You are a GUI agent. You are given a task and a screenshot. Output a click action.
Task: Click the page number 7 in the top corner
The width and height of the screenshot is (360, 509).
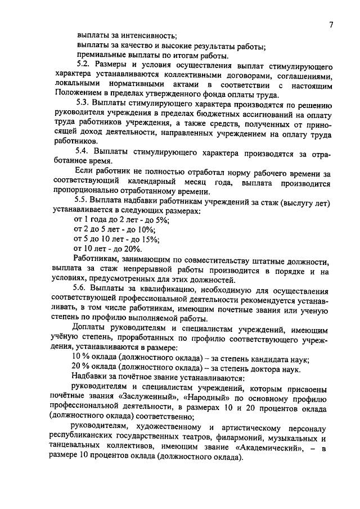click(332, 24)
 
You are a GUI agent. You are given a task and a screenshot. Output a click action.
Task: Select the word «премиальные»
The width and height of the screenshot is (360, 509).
click(100, 56)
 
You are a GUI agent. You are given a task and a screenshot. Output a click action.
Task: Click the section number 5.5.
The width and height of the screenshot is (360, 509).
click(83, 202)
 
